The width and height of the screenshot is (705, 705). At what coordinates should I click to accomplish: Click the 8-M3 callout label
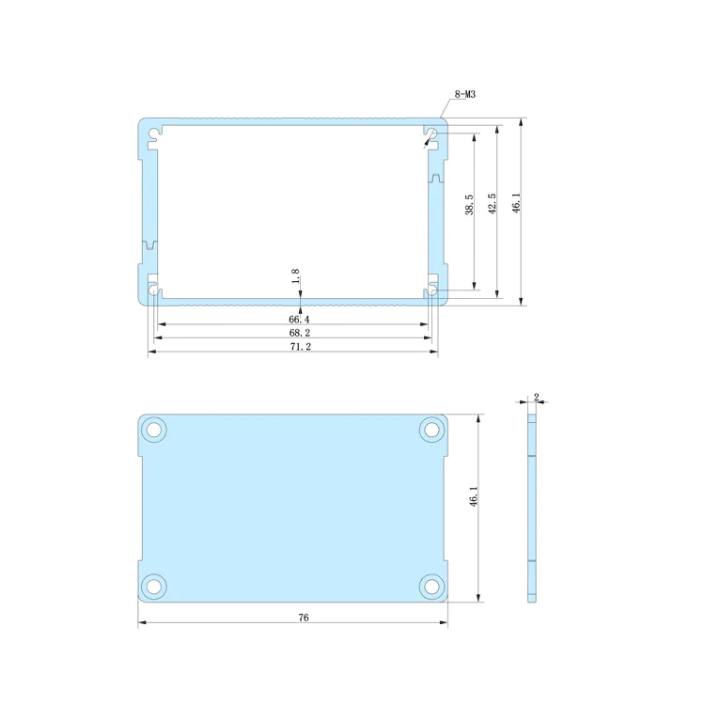(x=465, y=94)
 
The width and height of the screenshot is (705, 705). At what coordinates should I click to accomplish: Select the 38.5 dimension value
(x=469, y=205)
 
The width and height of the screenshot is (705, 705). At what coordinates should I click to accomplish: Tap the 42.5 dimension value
(x=493, y=204)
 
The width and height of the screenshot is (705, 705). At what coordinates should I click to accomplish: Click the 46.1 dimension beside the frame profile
(x=517, y=203)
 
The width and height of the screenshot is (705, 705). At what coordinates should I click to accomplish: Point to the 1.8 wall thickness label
(x=295, y=276)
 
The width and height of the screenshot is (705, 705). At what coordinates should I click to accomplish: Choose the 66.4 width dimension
(x=299, y=320)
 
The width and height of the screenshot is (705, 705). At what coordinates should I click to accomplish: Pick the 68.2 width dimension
(x=300, y=333)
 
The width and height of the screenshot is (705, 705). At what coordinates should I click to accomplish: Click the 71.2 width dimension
(x=300, y=347)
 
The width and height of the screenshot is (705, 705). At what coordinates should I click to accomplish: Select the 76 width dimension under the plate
(x=304, y=618)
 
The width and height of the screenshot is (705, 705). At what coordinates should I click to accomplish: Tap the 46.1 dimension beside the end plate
(x=474, y=496)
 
